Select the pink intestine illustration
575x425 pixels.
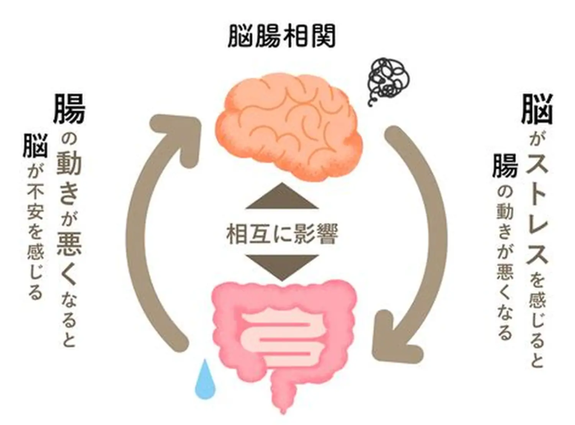[x=283, y=331]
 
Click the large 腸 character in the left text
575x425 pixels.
[x=69, y=109]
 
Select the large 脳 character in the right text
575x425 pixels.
[x=537, y=109]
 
